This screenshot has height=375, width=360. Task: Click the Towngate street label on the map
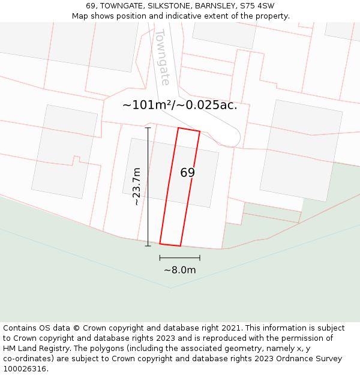pos(162,57)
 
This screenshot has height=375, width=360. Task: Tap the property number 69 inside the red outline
pos(187,173)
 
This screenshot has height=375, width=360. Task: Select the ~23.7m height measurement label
pos(137,187)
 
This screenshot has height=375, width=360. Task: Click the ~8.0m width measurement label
pos(180,270)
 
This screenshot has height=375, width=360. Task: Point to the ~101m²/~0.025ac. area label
pos(180,105)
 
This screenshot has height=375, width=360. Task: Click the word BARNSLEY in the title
pos(213,6)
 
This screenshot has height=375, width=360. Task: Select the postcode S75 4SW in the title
pos(257,6)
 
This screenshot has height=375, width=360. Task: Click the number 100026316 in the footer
pos(23,369)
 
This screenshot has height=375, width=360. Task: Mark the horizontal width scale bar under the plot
pos(180,258)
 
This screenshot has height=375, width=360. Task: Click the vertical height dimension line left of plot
pos(148,187)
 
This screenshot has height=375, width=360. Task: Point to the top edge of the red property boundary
pos(189,130)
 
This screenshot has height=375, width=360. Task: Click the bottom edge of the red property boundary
pos(170,245)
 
